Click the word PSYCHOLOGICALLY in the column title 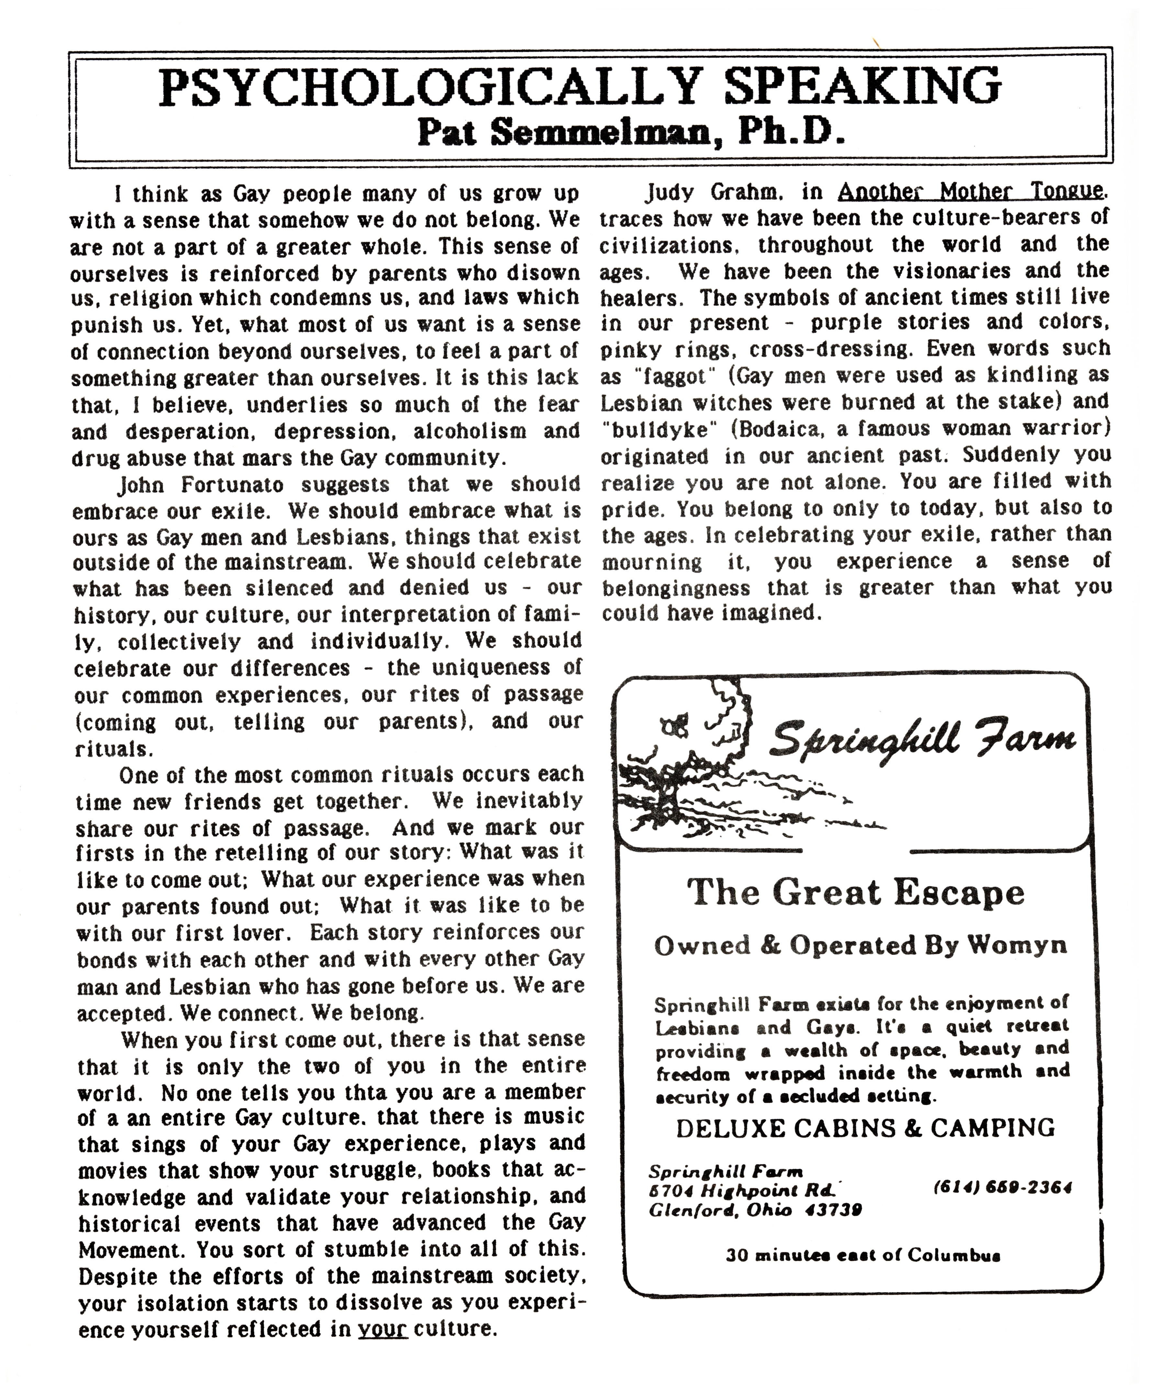429,87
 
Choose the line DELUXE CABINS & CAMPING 865,1128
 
